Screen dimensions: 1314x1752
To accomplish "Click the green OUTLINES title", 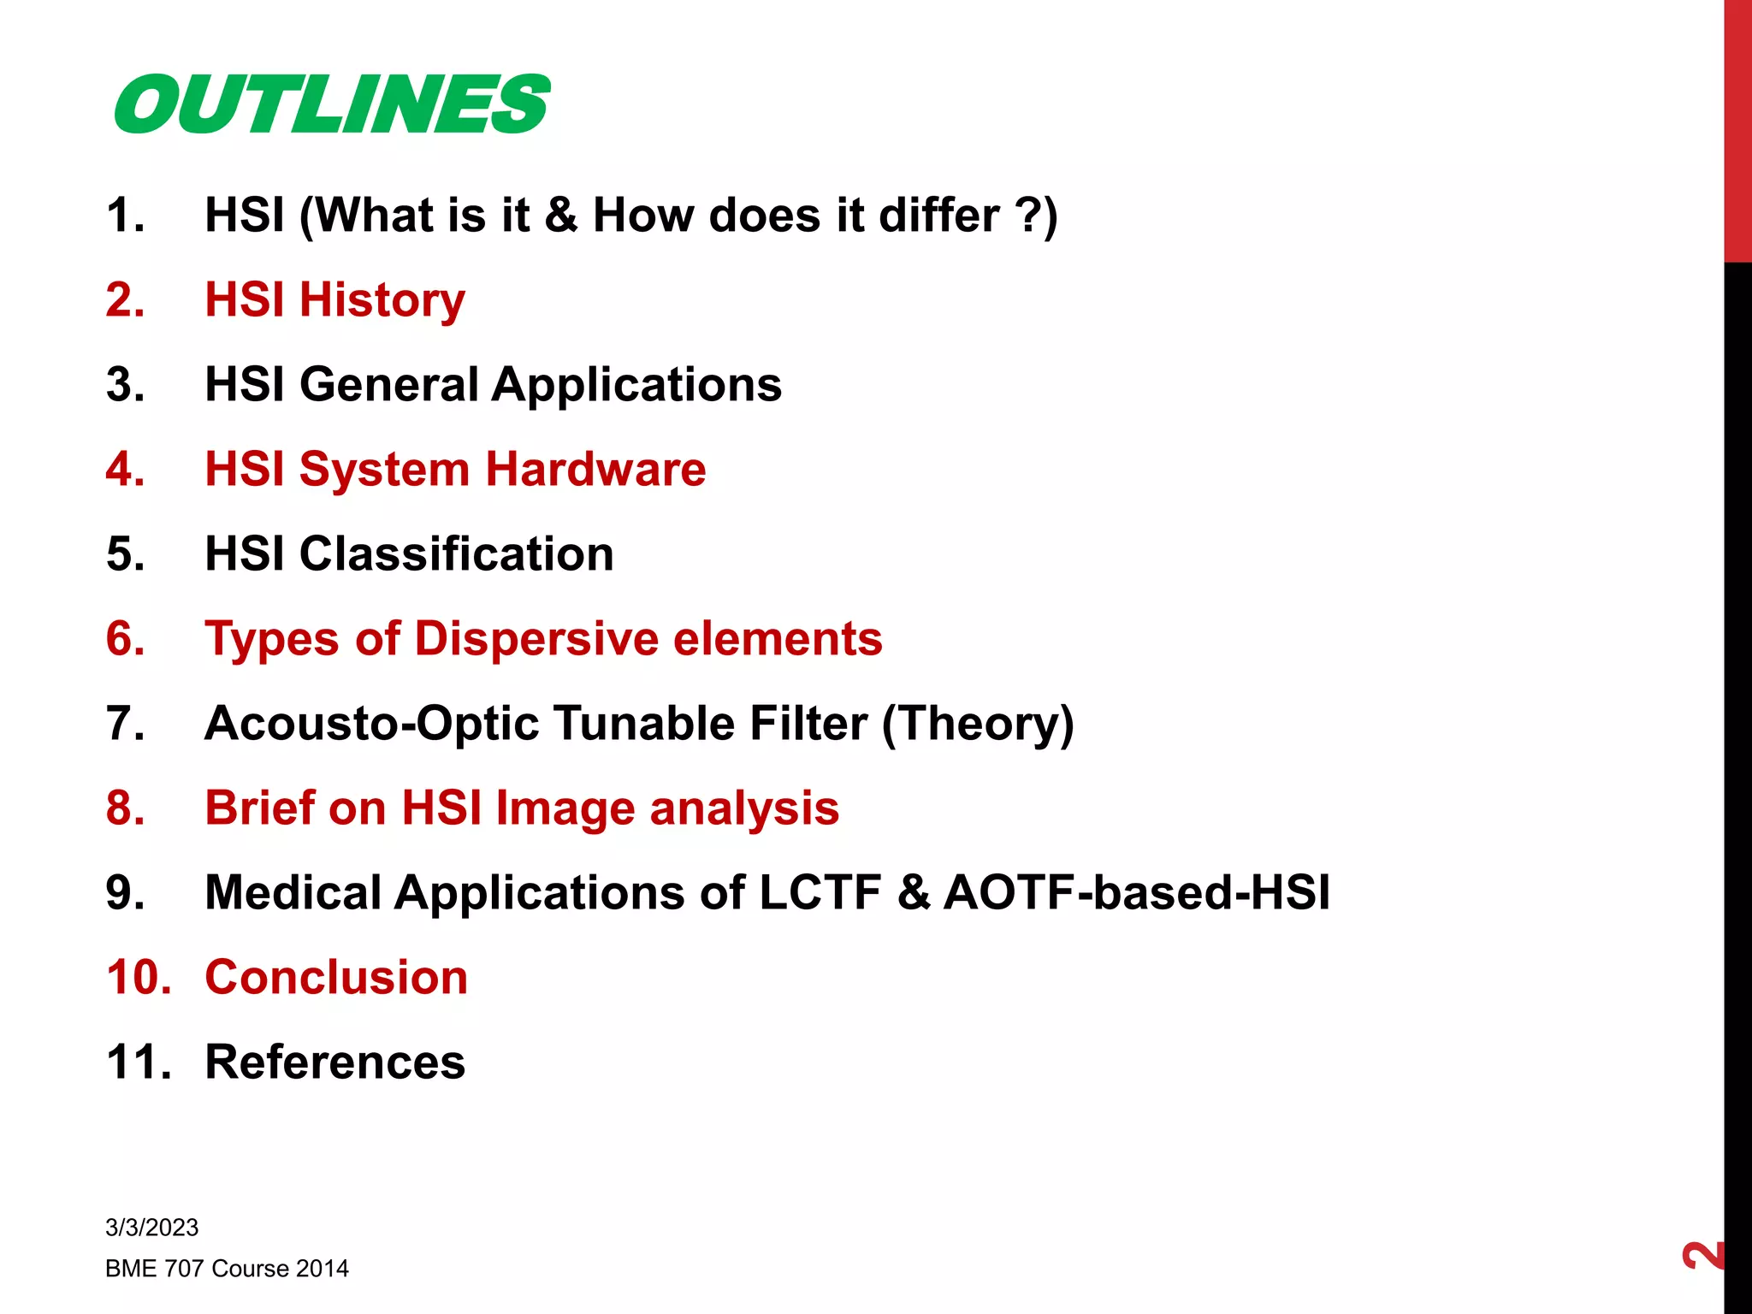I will tap(332, 104).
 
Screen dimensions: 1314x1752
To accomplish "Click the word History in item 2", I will tap(382, 300).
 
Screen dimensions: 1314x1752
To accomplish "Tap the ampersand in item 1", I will tap(560, 215).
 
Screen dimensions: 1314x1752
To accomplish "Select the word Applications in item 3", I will tap(636, 385).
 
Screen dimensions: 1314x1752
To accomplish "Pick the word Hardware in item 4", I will tap(595, 470).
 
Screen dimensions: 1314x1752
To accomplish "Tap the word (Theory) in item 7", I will tap(978, 724).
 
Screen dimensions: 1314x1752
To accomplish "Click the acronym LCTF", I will tap(820, 893).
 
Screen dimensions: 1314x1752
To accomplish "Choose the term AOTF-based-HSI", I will tap(1136, 893).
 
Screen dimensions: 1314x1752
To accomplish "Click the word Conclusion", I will tap(336, 978).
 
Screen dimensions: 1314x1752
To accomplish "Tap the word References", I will tap(335, 1062).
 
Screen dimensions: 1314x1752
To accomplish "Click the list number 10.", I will tap(139, 978).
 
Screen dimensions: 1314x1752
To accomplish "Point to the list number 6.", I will tap(126, 639).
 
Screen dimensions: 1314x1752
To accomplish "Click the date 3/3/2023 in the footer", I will tap(151, 1228).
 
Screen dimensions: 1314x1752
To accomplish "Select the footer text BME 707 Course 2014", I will tap(227, 1269).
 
